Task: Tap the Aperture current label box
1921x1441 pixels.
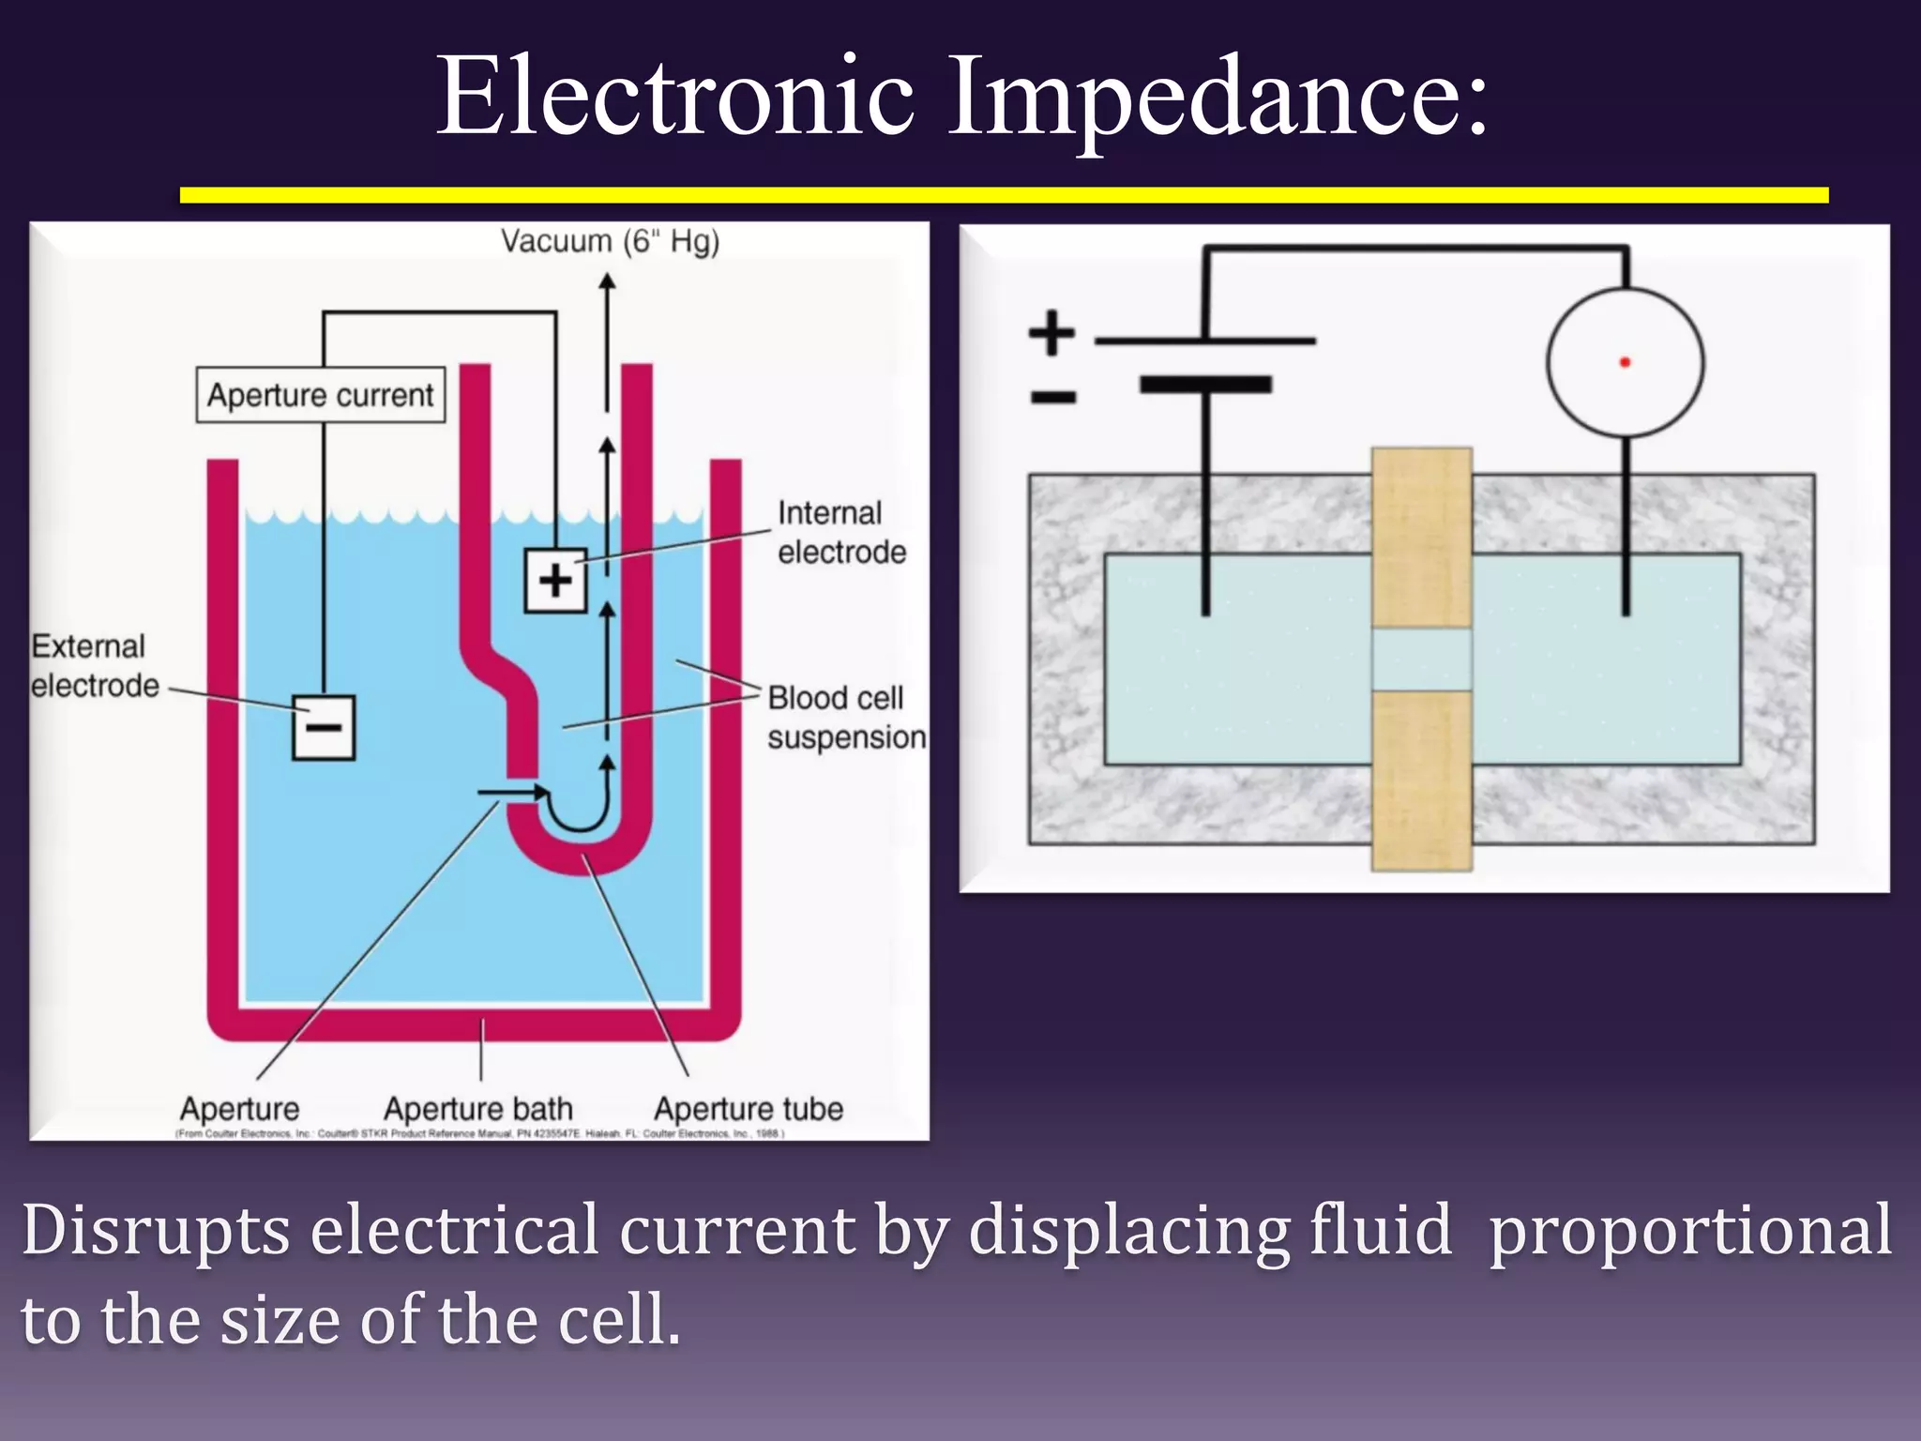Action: [x=321, y=395]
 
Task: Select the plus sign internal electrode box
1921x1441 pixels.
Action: [x=555, y=581]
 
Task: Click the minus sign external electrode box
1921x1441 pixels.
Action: [x=324, y=727]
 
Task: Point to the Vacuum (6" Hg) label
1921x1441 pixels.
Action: [x=610, y=241]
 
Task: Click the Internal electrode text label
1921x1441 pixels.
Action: [x=840, y=532]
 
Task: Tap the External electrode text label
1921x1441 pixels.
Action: [x=94, y=665]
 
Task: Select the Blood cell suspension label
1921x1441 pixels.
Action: [x=845, y=718]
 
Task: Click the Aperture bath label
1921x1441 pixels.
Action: [x=477, y=1109]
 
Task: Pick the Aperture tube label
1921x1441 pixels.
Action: [x=749, y=1109]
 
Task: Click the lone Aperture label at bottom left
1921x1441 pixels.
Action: [x=239, y=1109]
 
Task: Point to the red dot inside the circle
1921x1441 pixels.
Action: [x=1625, y=362]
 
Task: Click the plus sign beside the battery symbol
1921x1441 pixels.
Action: [x=1051, y=333]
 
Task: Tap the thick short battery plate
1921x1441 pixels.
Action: [x=1205, y=385]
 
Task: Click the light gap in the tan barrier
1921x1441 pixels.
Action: [x=1421, y=660]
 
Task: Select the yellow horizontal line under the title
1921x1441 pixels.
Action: [x=1004, y=195]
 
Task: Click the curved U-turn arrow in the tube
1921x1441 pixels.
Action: [x=582, y=807]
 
